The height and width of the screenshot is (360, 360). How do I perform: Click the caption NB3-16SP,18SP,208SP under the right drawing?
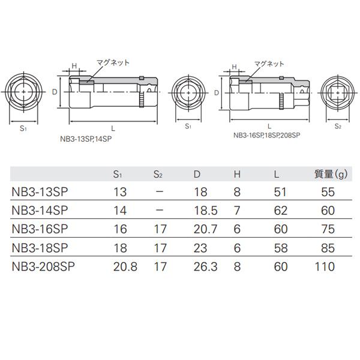(x=266, y=136)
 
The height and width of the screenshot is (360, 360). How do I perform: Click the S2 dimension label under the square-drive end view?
(x=338, y=127)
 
